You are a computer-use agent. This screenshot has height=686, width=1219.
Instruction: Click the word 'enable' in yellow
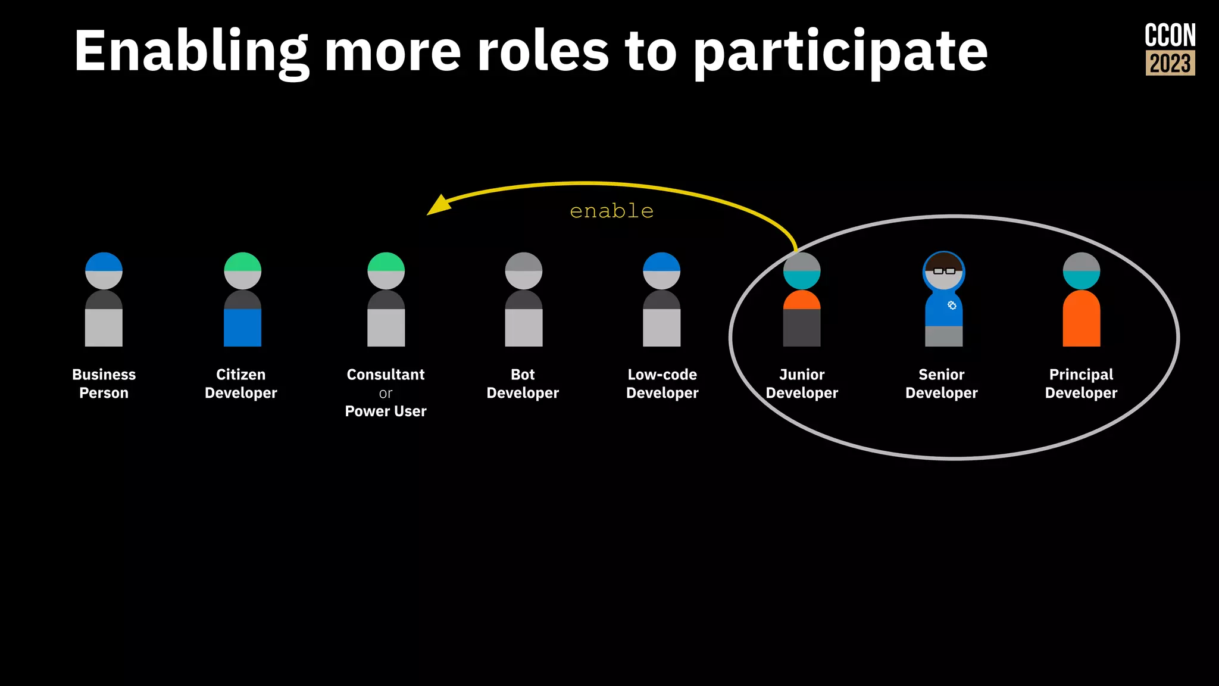tap(611, 211)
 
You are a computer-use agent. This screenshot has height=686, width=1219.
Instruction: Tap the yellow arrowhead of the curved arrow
tap(439, 205)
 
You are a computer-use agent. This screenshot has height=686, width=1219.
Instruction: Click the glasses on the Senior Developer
tap(944, 271)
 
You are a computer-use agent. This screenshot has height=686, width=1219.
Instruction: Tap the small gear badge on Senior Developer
tap(952, 305)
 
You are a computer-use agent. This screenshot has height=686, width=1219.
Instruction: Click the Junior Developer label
tap(802, 383)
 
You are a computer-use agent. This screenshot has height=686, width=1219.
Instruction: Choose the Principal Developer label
tap(1081, 383)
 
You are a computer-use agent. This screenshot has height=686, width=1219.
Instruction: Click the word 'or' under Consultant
tap(386, 394)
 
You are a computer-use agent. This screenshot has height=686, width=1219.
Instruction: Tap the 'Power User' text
tap(386, 411)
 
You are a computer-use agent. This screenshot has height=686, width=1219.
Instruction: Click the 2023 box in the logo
tap(1170, 63)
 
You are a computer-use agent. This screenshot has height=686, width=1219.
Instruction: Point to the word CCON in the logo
tap(1170, 36)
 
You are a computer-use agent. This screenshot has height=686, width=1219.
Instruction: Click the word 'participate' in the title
tap(840, 52)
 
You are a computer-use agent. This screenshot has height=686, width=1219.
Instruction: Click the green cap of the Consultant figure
tap(386, 261)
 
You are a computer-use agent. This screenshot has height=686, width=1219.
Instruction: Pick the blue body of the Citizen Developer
tap(242, 327)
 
